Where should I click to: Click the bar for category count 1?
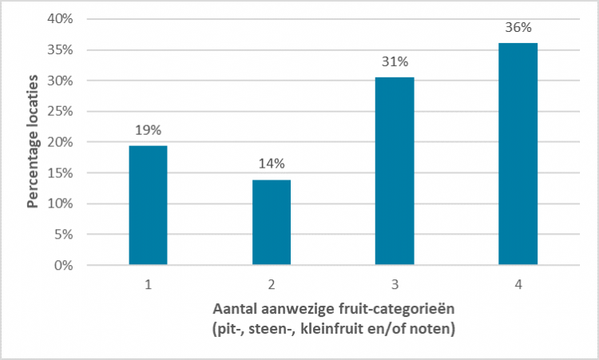(148, 205)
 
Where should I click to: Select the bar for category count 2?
(272, 222)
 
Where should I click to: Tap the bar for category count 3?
(395, 171)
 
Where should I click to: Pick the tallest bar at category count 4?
(518, 154)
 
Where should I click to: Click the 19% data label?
(148, 130)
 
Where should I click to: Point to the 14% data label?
(272, 164)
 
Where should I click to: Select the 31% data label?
(395, 61)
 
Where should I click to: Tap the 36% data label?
(518, 27)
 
